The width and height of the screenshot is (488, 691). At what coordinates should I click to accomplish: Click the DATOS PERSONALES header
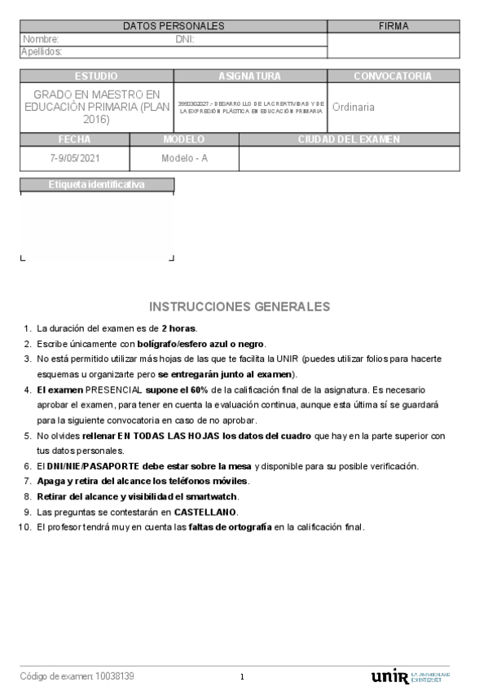[174, 27]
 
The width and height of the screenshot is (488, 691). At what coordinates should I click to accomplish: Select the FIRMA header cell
[393, 27]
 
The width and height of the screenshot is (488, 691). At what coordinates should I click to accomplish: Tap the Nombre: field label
[41, 39]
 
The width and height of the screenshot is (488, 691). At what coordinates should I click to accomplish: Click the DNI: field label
[185, 39]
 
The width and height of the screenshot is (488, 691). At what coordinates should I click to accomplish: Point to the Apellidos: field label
[42, 51]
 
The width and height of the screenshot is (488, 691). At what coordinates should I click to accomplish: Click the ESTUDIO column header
[96, 76]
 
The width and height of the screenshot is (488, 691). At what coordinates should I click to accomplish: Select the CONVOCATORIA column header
[393, 76]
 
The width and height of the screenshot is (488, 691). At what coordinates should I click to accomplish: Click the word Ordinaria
[354, 107]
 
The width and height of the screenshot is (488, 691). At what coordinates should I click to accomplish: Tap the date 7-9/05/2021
[74, 158]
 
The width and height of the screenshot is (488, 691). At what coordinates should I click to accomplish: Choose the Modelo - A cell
[184, 158]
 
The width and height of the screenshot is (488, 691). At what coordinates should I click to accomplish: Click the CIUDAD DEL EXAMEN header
[349, 139]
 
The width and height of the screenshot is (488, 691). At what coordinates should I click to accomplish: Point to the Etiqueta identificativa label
[96, 185]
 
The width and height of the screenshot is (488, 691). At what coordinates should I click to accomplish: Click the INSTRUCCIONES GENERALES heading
[240, 306]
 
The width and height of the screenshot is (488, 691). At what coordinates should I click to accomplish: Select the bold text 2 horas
[178, 328]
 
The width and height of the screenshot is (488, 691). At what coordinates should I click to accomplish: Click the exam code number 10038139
[115, 676]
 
